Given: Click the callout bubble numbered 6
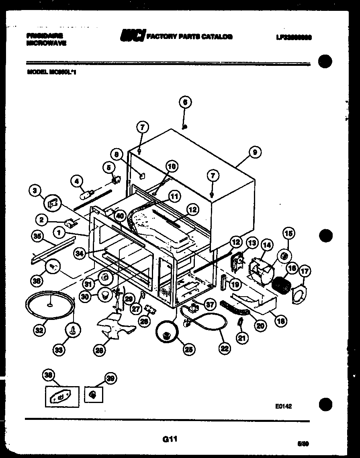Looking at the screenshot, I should pos(185,102).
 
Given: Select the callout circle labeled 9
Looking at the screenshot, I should pos(254,152).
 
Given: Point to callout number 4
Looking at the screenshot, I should pos(77,181).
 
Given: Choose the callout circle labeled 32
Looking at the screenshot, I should pos(39,330).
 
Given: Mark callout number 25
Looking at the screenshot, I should pos(187,349).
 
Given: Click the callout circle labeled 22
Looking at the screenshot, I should pos(225,348).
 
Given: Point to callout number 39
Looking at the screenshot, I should pos(110,377).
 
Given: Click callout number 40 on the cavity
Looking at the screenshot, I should pos(119,216).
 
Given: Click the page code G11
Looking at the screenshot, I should pos(170,439).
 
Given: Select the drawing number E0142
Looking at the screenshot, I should pos(283,406).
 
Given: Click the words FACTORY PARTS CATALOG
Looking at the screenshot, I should pos(189,37).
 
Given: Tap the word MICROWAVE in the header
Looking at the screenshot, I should pos(46,43).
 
